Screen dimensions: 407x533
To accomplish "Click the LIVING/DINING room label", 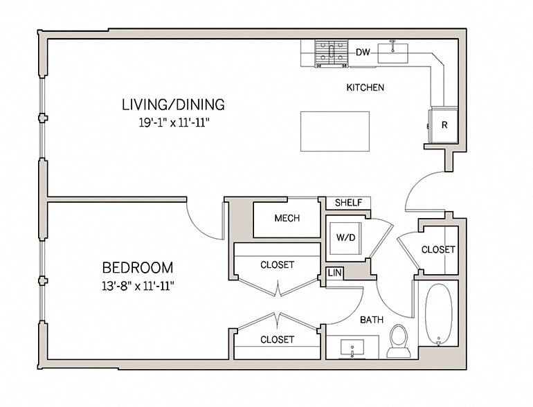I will click(173, 105).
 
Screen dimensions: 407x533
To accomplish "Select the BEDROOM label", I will click(138, 267).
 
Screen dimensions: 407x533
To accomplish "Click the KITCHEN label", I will click(365, 88).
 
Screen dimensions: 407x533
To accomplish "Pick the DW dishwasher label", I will click(362, 52).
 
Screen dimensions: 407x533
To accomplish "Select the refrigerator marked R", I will click(444, 125).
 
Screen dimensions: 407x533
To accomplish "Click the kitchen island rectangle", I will click(334, 131).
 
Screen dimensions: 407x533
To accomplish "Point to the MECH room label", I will click(287, 219).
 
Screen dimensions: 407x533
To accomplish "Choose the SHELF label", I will click(348, 203).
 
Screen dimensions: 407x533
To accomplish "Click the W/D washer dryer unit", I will click(345, 237).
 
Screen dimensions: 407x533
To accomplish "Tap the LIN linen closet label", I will click(334, 273).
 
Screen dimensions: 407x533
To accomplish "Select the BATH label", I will click(371, 320).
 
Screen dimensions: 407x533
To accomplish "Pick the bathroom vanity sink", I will click(352, 347).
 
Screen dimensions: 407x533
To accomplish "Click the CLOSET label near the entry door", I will click(438, 249).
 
